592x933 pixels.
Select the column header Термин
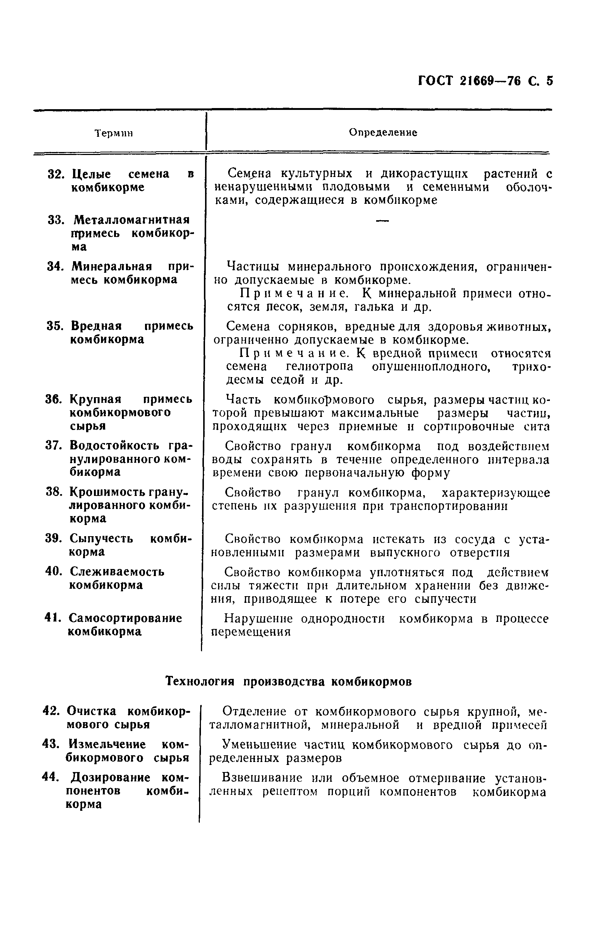click(114, 133)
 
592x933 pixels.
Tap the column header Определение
click(383, 133)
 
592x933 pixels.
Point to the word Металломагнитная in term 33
click(132, 220)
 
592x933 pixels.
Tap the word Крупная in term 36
click(96, 399)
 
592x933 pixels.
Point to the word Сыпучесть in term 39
click(101, 538)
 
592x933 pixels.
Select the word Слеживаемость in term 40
click(117, 572)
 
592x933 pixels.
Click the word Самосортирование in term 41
click(125, 618)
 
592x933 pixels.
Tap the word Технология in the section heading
click(200, 681)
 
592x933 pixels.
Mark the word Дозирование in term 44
click(110, 777)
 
